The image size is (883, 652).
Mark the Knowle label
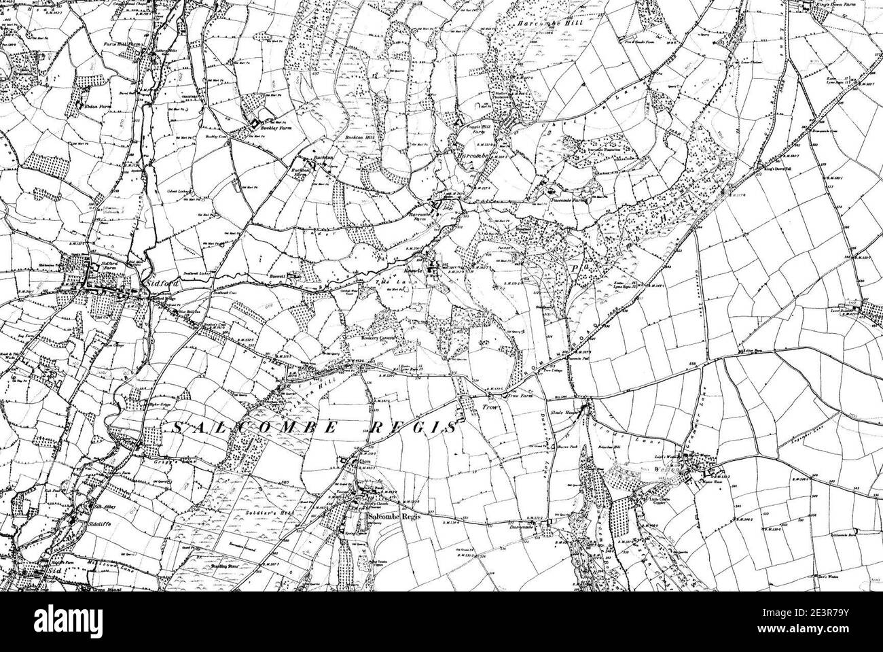[418, 271]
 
